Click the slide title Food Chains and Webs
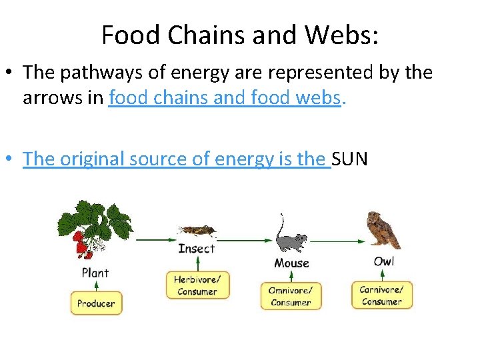[x=240, y=35]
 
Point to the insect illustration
[x=197, y=231]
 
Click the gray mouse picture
[x=291, y=241]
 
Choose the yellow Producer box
[x=95, y=303]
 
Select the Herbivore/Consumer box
[x=196, y=285]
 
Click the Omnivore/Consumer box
[x=291, y=296]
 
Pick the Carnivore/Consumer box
[x=382, y=295]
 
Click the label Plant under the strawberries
[x=95, y=272]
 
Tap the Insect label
[x=197, y=249]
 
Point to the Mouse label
[x=291, y=263]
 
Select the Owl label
[x=383, y=261]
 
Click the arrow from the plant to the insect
[x=154, y=238]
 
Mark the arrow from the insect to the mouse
[x=246, y=239]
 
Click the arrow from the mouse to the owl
[x=337, y=240]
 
